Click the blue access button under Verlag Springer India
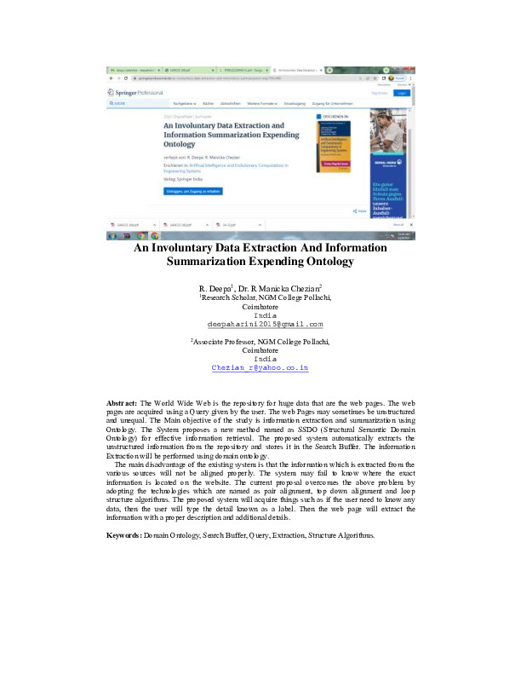(x=192, y=192)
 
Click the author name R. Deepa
(x=213, y=289)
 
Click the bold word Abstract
(x=122, y=425)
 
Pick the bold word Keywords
(x=123, y=534)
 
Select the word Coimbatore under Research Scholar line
(x=260, y=307)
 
